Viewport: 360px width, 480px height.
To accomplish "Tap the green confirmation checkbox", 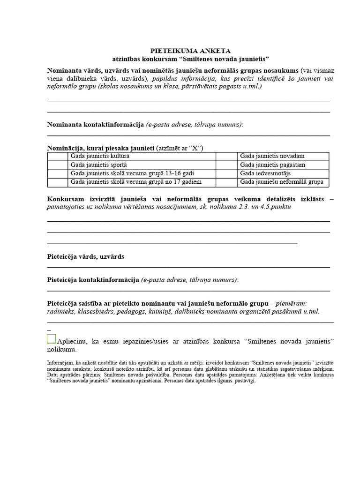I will point(52,339).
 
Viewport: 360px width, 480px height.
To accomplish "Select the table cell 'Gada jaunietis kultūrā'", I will point(100,156).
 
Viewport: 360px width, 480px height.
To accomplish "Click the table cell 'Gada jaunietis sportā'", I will point(98,165).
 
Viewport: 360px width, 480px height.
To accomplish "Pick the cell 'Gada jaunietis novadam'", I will point(272,156).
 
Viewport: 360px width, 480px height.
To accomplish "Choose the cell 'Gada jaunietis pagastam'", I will point(273,165).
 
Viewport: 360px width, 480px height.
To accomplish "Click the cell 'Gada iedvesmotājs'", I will point(265,173).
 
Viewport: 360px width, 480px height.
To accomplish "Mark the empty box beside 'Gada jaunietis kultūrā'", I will point(58,156).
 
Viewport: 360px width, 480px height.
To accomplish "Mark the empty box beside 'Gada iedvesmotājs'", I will point(227,173).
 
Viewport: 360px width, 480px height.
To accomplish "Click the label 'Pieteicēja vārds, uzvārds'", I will point(86,257).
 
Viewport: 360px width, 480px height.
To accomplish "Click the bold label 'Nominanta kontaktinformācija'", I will point(95,124).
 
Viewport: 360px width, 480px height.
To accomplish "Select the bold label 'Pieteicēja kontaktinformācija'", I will point(93,280).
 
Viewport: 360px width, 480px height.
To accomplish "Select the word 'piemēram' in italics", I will point(291,303).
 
